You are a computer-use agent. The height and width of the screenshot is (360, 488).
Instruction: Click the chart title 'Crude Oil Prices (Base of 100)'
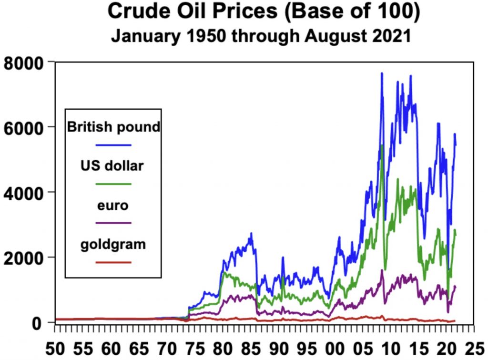point(264,12)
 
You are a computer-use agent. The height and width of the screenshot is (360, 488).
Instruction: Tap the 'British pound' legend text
point(113,127)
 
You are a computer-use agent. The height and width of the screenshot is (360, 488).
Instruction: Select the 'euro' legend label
point(113,206)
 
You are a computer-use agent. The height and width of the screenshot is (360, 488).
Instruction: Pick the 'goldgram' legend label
point(113,245)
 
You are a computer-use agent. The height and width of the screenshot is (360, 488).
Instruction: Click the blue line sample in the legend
point(113,144)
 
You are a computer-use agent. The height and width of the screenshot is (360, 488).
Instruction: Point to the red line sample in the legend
point(113,262)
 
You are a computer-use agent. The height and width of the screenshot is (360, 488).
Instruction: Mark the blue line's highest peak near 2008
point(382,74)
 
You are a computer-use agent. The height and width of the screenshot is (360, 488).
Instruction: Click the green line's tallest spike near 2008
point(383,145)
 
